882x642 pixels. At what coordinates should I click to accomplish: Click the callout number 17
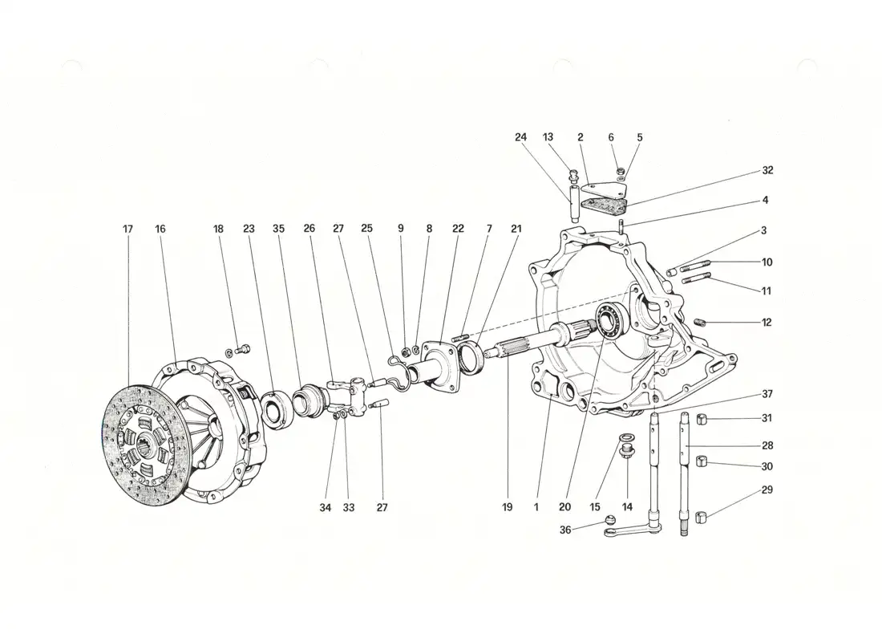(x=128, y=230)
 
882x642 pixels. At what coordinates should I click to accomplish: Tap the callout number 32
(x=767, y=171)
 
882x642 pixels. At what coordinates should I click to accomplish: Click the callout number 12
(x=767, y=323)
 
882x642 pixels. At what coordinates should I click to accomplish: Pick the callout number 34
(x=326, y=507)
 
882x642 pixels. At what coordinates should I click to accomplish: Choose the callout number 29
(x=767, y=489)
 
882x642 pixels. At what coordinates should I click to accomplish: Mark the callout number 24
(x=521, y=137)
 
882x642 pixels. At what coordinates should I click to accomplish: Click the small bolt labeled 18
(x=244, y=348)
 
